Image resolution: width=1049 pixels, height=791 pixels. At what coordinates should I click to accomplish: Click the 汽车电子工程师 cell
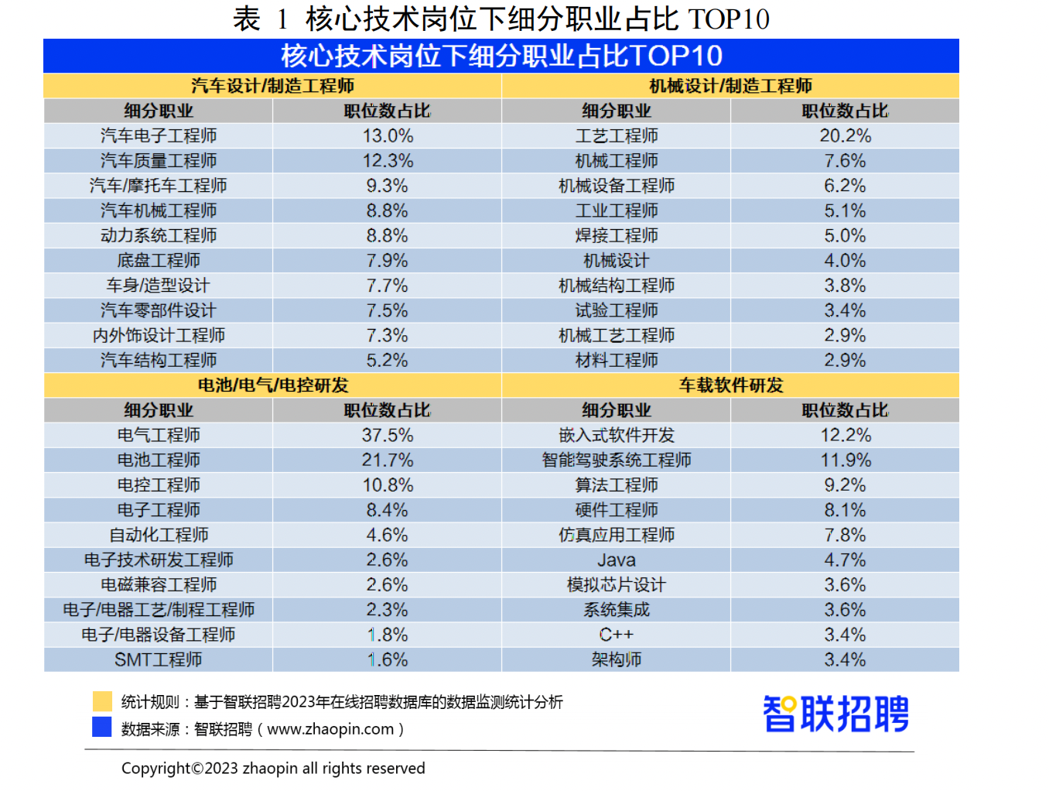click(159, 135)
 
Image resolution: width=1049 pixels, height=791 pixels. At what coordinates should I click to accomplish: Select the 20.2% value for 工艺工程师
click(845, 135)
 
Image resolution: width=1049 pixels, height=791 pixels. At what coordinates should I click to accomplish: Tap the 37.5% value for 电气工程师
click(388, 435)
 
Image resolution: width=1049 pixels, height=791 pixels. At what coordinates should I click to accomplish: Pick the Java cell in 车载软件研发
click(617, 560)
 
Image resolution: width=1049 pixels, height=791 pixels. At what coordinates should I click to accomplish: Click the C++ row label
click(617, 635)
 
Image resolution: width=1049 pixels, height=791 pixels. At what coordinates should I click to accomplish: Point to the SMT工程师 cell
click(159, 659)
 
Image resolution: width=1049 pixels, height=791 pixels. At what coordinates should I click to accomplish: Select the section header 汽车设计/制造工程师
click(272, 85)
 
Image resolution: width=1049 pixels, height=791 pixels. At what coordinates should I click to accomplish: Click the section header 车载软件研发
click(731, 385)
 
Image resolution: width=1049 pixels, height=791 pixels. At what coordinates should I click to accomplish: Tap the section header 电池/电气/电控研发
click(272, 385)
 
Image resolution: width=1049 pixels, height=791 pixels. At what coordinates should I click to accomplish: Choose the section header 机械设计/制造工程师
click(731, 85)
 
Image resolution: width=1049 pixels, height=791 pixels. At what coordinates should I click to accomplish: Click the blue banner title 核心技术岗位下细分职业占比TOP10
click(501, 56)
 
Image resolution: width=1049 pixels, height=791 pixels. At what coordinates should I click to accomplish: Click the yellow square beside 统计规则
click(102, 701)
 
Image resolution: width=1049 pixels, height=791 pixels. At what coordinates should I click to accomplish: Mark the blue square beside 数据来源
click(102, 728)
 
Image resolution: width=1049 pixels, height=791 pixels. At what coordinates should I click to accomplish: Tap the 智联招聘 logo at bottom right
click(835, 713)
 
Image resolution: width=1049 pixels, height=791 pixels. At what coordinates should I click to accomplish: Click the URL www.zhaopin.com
click(330, 729)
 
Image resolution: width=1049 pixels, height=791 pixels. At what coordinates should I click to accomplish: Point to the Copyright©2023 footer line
click(273, 768)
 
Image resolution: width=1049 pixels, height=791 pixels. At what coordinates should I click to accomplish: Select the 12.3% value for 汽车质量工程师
click(388, 160)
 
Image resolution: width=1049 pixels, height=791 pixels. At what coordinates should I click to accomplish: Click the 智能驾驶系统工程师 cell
click(617, 460)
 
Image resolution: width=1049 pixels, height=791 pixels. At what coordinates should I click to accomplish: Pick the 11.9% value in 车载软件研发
click(845, 460)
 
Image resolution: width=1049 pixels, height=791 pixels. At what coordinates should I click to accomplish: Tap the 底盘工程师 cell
click(159, 260)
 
